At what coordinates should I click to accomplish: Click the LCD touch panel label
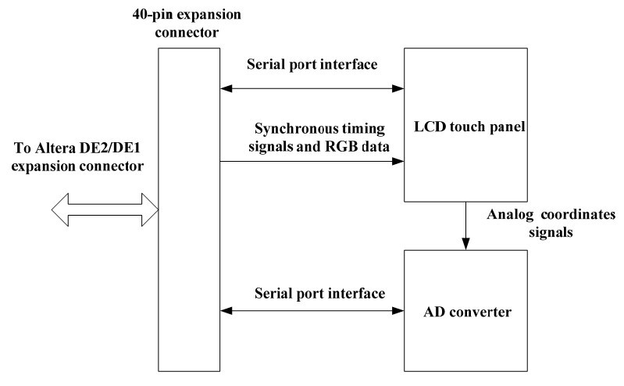click(x=469, y=127)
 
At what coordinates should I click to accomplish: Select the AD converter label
click(x=467, y=312)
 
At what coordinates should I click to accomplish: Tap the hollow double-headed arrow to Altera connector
click(x=105, y=210)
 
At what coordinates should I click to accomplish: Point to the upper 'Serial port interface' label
click(x=312, y=65)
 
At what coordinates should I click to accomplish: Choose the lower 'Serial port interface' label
click(x=320, y=294)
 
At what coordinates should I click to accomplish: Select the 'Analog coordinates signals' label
click(x=551, y=223)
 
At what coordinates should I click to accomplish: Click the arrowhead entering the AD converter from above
click(x=465, y=244)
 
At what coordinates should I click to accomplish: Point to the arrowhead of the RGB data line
click(x=398, y=161)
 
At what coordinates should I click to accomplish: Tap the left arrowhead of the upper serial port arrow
click(x=226, y=88)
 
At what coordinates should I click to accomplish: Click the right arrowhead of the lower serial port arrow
click(x=398, y=311)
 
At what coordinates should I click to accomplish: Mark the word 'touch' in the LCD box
click(x=466, y=127)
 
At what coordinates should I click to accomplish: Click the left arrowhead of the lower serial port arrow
click(x=226, y=311)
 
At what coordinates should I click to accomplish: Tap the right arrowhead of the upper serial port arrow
click(x=398, y=88)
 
